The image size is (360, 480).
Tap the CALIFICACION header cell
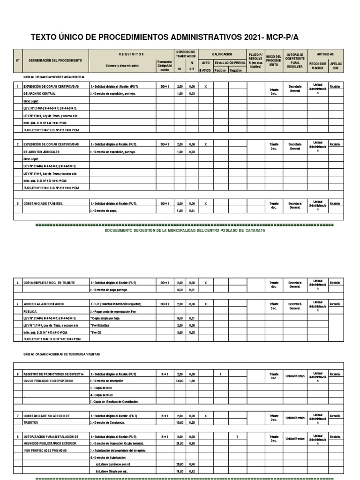(x=222, y=54)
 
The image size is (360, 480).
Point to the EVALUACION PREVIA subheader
(x=230, y=62)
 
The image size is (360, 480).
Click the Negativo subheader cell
(x=236, y=70)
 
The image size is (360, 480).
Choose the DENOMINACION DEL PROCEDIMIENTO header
(x=55, y=61)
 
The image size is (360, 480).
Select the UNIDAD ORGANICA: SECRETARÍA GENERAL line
(x=54, y=76)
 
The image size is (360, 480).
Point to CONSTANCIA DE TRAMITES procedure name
(x=43, y=203)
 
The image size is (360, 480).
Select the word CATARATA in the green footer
(x=255, y=231)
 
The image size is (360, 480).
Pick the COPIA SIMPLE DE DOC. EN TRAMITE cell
(x=49, y=283)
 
